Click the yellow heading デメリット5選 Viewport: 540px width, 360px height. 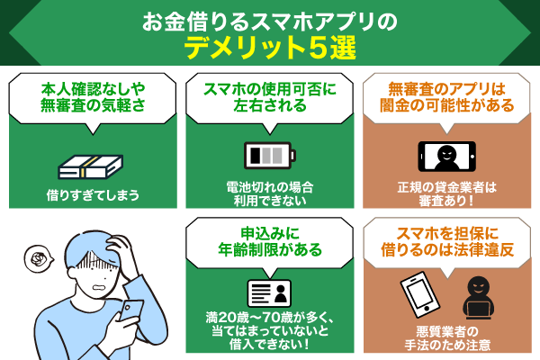click(270, 48)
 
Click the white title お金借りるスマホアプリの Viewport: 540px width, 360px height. click(270, 19)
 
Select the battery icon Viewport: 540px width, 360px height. click(269, 153)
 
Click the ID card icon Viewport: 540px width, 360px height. click(269, 292)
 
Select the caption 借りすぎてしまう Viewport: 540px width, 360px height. click(90, 194)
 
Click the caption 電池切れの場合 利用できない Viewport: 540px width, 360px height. click(269, 194)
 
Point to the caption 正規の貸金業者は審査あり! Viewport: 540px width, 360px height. click(447, 194)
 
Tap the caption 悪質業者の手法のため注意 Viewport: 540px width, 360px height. click(447, 340)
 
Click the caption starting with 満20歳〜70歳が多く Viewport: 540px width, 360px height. click(269, 331)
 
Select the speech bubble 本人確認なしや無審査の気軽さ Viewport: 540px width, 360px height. click(90, 97)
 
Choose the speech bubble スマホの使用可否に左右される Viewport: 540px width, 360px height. click(269, 97)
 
